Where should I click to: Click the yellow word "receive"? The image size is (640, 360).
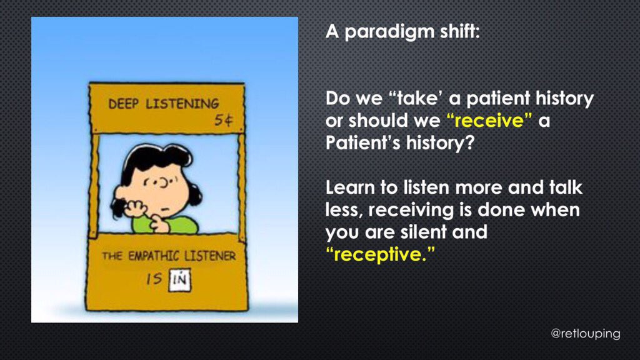[489, 121]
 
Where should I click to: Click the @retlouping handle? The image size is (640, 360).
[585, 334]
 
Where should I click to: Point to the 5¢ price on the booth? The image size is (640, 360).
[224, 121]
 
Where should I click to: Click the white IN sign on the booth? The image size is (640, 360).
[180, 279]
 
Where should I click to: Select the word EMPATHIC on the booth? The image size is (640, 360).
[154, 256]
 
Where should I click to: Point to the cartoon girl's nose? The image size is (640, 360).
[165, 183]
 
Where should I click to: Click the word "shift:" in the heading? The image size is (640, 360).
[459, 31]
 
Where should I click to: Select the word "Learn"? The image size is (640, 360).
[350, 187]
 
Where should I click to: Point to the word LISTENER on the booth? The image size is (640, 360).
[210, 256]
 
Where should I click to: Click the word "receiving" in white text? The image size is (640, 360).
[411, 211]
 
